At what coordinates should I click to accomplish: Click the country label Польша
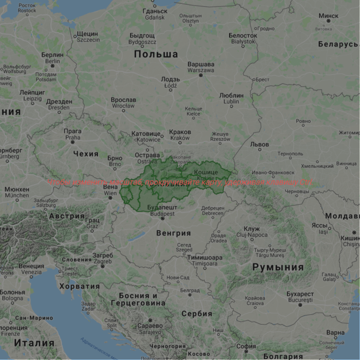pyautogui.click(x=156, y=54)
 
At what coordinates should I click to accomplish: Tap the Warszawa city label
pyautogui.click(x=201, y=67)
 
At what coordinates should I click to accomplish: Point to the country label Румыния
pyautogui.click(x=278, y=267)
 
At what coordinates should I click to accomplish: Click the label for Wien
pyautogui.click(x=110, y=190)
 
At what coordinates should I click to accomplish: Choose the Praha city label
pyautogui.click(x=72, y=134)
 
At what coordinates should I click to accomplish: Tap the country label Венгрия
pyautogui.click(x=173, y=233)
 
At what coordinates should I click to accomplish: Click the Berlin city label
pyautogui.click(x=52, y=58)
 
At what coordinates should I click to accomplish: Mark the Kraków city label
pyautogui.click(x=180, y=135)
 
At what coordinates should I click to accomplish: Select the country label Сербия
pyautogui.click(x=197, y=314)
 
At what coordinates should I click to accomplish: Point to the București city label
pyautogui.click(x=300, y=297)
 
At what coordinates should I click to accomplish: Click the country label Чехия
pyautogui.click(x=86, y=154)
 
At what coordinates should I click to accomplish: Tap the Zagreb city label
pyautogui.click(x=102, y=258)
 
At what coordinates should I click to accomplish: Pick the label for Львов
pyautogui.click(x=260, y=144)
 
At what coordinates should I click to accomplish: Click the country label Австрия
pyautogui.click(x=66, y=216)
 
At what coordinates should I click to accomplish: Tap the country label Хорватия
pyautogui.click(x=79, y=286)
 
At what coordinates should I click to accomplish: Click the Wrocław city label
pyautogui.click(x=123, y=102)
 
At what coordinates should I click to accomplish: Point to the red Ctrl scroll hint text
pyautogui.click(x=180, y=183)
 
